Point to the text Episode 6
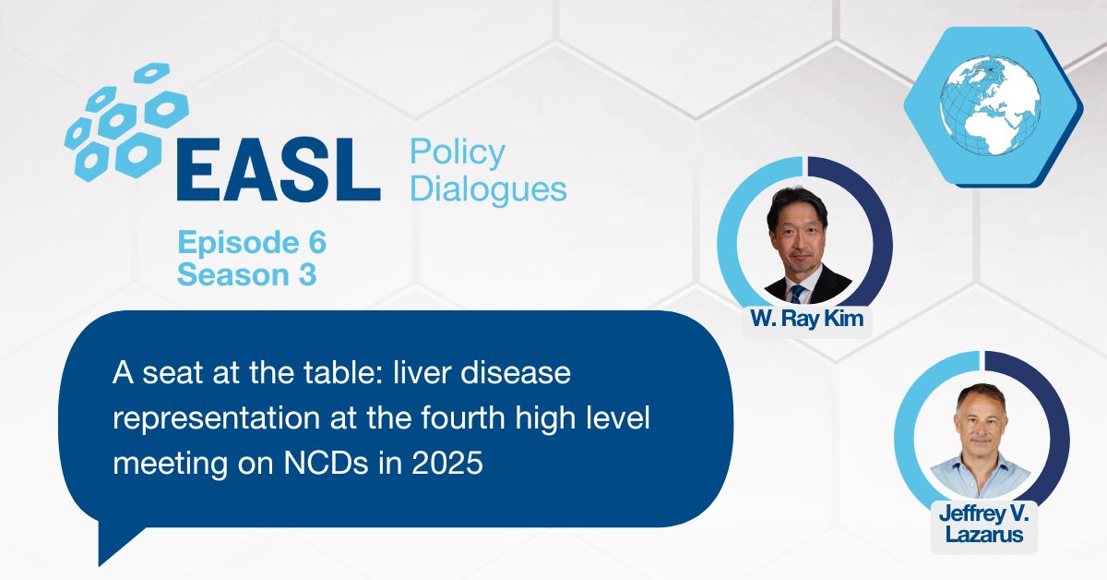(x=252, y=244)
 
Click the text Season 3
(x=246, y=274)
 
